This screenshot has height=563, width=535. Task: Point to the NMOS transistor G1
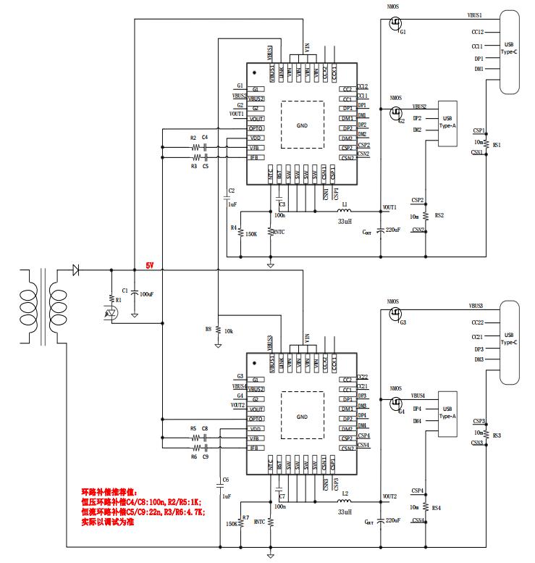click(395, 26)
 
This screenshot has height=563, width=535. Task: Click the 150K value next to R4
click(252, 234)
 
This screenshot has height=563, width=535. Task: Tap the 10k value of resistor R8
click(229, 330)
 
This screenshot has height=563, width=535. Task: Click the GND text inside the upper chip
click(302, 125)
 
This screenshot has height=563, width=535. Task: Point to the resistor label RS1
click(497, 145)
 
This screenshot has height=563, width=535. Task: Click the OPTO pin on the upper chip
click(255, 128)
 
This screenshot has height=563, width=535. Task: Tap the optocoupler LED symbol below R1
click(110, 314)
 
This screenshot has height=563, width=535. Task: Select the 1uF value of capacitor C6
click(227, 496)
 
